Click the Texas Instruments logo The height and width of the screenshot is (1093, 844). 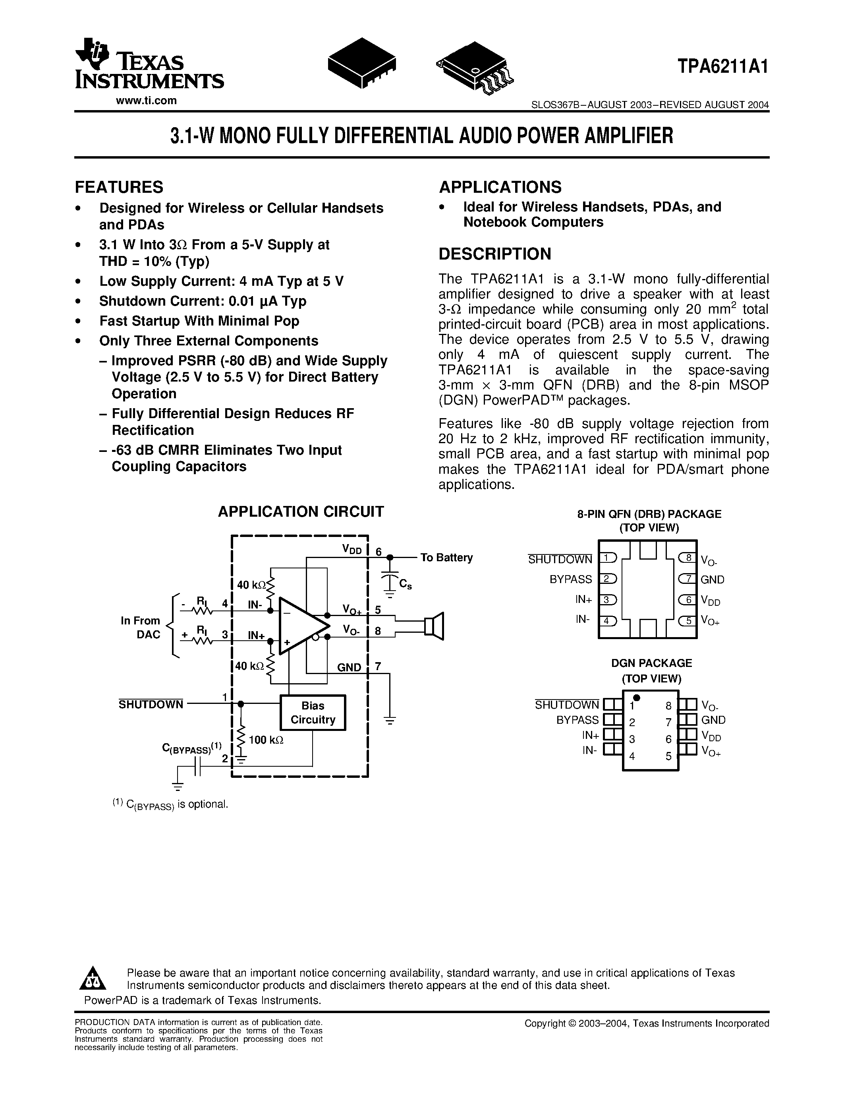click(x=149, y=64)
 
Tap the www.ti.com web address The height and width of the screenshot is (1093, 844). click(x=146, y=101)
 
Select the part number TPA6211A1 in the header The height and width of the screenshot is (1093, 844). click(x=722, y=66)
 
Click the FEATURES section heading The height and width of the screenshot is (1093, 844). click(x=119, y=187)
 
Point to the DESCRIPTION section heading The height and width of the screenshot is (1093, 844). click(x=494, y=254)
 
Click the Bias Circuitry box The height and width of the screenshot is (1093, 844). click(x=313, y=713)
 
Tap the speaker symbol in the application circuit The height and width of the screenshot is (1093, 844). click(x=433, y=626)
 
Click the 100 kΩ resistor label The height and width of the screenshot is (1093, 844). click(x=266, y=740)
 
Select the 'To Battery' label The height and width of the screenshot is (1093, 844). click(x=446, y=558)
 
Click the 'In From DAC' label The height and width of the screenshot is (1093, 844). click(x=141, y=628)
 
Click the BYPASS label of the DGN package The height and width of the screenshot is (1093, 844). click(x=577, y=720)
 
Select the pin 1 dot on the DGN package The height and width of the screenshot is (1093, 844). click(x=636, y=698)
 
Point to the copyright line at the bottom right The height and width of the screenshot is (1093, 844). click(x=647, y=1023)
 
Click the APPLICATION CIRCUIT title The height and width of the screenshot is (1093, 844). click(x=301, y=512)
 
